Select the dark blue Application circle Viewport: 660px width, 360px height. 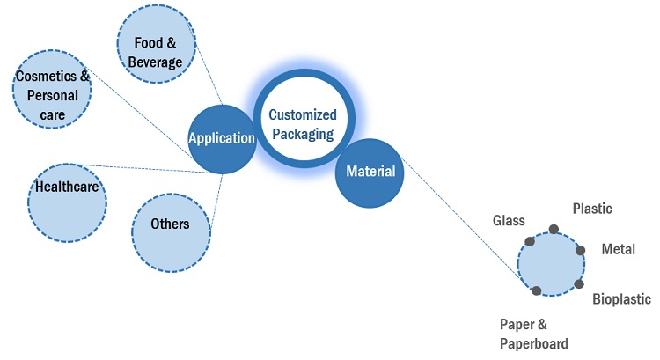(222, 138)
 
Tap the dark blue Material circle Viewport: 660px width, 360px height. (370, 172)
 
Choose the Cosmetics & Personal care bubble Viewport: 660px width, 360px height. (53, 94)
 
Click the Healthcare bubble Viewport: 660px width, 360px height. (67, 201)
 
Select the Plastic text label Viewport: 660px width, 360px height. (592, 209)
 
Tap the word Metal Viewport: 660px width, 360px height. (618, 249)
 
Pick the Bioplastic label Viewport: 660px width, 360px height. (621, 299)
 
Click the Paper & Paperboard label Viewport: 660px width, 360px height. (533, 334)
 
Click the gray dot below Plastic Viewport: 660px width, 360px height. (554, 230)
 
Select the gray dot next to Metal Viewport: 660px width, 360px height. (581, 250)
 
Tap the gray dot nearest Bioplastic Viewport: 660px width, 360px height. (579, 283)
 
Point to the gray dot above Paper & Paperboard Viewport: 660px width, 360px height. (537, 290)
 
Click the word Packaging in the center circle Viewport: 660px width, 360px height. (302, 135)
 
